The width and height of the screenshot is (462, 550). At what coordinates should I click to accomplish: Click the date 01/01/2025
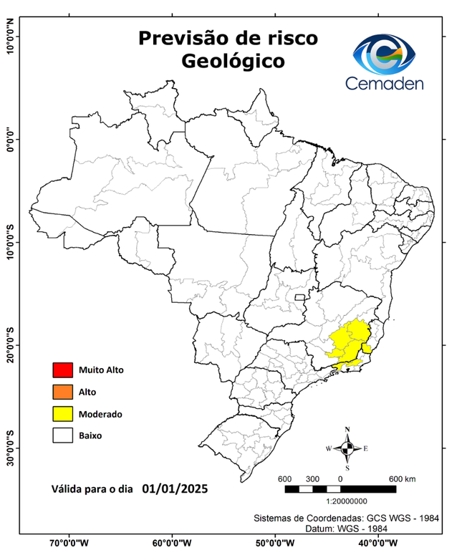point(175,489)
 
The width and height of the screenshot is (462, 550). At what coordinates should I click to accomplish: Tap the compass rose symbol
point(347,449)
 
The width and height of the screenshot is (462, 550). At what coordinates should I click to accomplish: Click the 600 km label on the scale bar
point(401,478)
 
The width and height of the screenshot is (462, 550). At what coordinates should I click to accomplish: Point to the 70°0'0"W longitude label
point(69,543)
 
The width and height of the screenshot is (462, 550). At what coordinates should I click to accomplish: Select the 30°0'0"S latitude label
point(10,448)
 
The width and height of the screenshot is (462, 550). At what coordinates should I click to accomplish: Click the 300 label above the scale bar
point(312,478)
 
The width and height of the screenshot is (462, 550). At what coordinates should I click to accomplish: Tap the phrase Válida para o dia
point(93,491)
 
